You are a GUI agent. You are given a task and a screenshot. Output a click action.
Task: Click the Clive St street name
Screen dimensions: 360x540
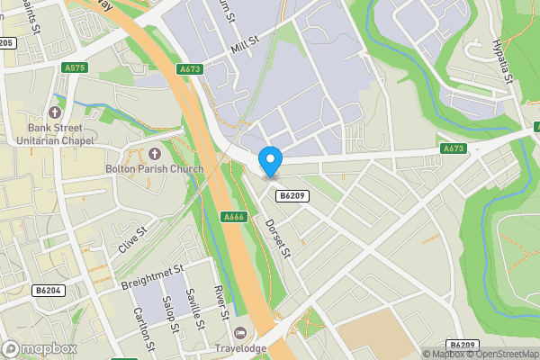pos(131,242)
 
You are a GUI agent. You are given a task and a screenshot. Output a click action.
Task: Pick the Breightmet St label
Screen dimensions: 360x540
pos(152,276)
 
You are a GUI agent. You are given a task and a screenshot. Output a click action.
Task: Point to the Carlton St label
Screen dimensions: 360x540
pos(143,330)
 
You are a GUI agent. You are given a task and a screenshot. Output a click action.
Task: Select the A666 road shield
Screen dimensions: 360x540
pos(233,217)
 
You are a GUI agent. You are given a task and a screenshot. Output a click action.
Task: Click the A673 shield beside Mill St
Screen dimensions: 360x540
pos(190,67)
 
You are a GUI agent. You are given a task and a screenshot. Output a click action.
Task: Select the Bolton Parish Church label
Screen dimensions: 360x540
pos(154,169)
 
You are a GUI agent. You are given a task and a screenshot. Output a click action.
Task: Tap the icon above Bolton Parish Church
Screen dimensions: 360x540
pos(154,153)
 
